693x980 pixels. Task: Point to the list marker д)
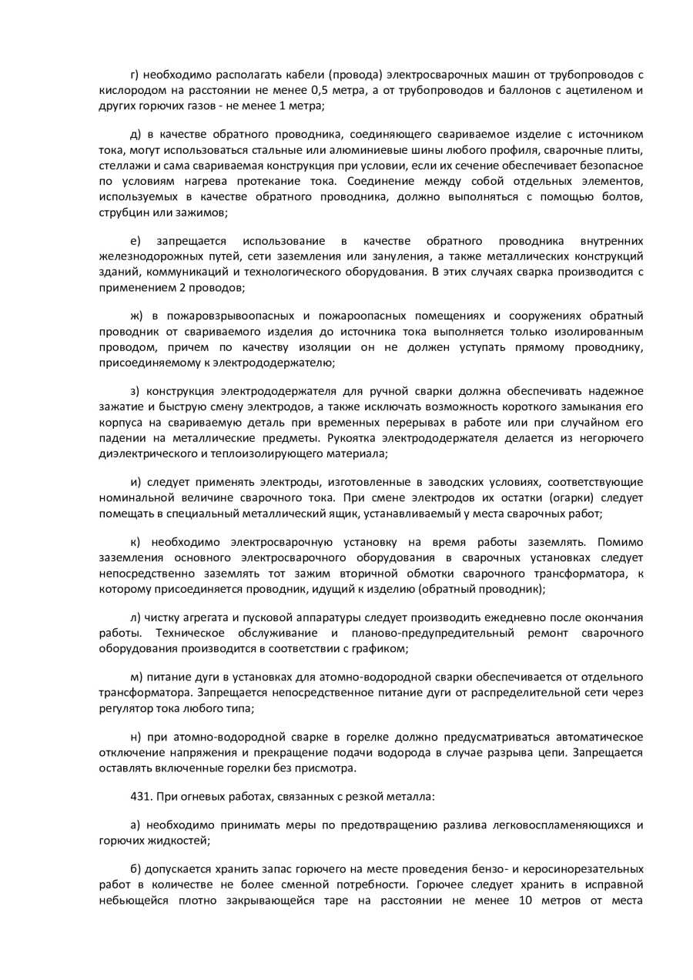[136, 134]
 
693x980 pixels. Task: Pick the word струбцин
[122, 211]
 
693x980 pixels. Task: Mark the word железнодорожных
[146, 256]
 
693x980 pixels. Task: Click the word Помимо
[621, 543]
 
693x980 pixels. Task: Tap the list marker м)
[138, 677]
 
